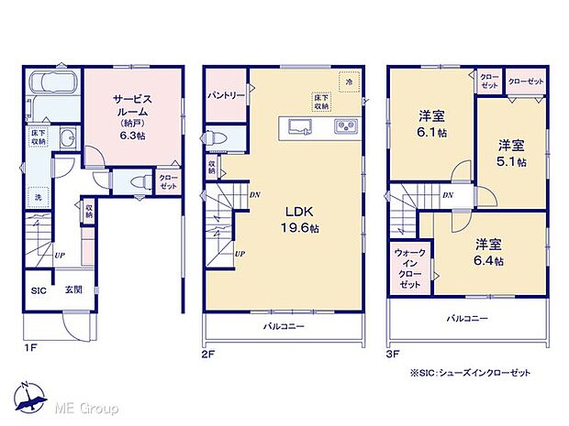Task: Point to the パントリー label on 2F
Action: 224,94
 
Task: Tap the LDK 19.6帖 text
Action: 297,220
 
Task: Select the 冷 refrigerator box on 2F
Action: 349,82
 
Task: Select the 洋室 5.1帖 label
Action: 512,153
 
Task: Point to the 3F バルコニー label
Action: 467,318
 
